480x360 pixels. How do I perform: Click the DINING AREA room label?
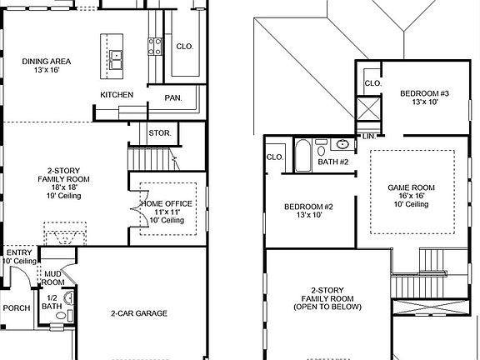47,61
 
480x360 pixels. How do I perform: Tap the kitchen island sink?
116,60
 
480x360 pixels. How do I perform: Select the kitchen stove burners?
155,47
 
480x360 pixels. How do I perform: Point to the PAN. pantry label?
173,98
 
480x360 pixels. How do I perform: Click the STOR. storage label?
160,133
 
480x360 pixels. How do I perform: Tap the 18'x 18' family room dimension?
64,187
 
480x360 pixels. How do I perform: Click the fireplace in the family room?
65,234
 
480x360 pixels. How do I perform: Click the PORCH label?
17,308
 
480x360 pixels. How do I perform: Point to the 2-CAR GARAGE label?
139,313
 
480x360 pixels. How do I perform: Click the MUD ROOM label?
53,278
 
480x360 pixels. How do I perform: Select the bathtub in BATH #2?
302,155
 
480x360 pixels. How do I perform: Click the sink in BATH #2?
342,144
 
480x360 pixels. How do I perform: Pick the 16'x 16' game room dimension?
412,196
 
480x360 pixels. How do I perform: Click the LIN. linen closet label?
369,137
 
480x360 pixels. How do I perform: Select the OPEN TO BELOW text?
327,307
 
